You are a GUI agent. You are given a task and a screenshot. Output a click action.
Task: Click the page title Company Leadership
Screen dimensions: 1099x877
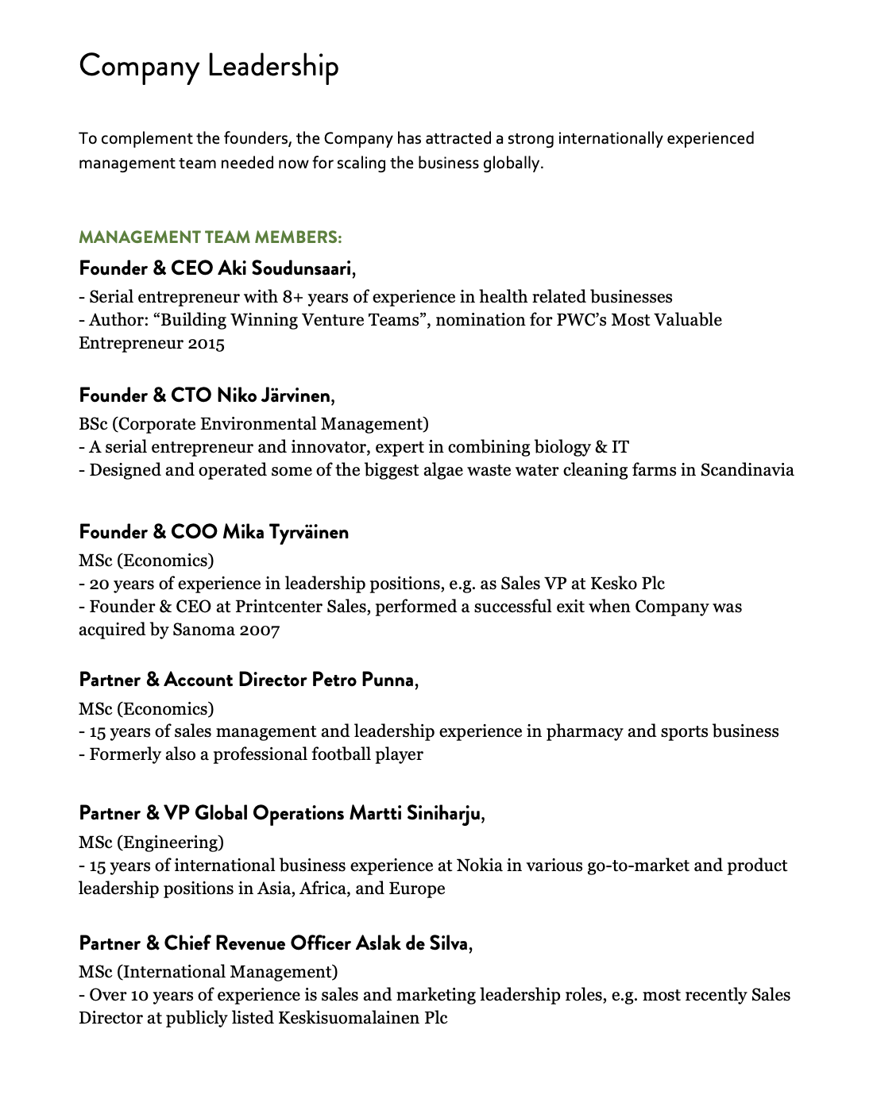pos(208,66)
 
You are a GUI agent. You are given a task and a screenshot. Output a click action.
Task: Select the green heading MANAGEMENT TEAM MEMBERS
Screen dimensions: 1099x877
pos(210,237)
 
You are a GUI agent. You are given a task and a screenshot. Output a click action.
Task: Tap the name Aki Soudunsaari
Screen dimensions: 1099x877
pos(284,268)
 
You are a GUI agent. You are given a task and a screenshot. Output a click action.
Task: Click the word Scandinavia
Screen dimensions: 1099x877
pos(747,470)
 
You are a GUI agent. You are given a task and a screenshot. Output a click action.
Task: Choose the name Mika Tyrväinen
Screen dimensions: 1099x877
pos(285,532)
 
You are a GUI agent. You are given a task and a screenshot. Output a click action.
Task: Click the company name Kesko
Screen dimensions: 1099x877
pos(613,584)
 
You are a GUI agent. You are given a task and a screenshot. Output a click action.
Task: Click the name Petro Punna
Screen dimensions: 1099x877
pos(363,680)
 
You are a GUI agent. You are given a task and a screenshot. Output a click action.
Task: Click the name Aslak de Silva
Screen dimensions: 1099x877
pos(411,943)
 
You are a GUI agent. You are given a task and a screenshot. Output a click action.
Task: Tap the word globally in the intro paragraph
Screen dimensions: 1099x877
pos(512,164)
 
